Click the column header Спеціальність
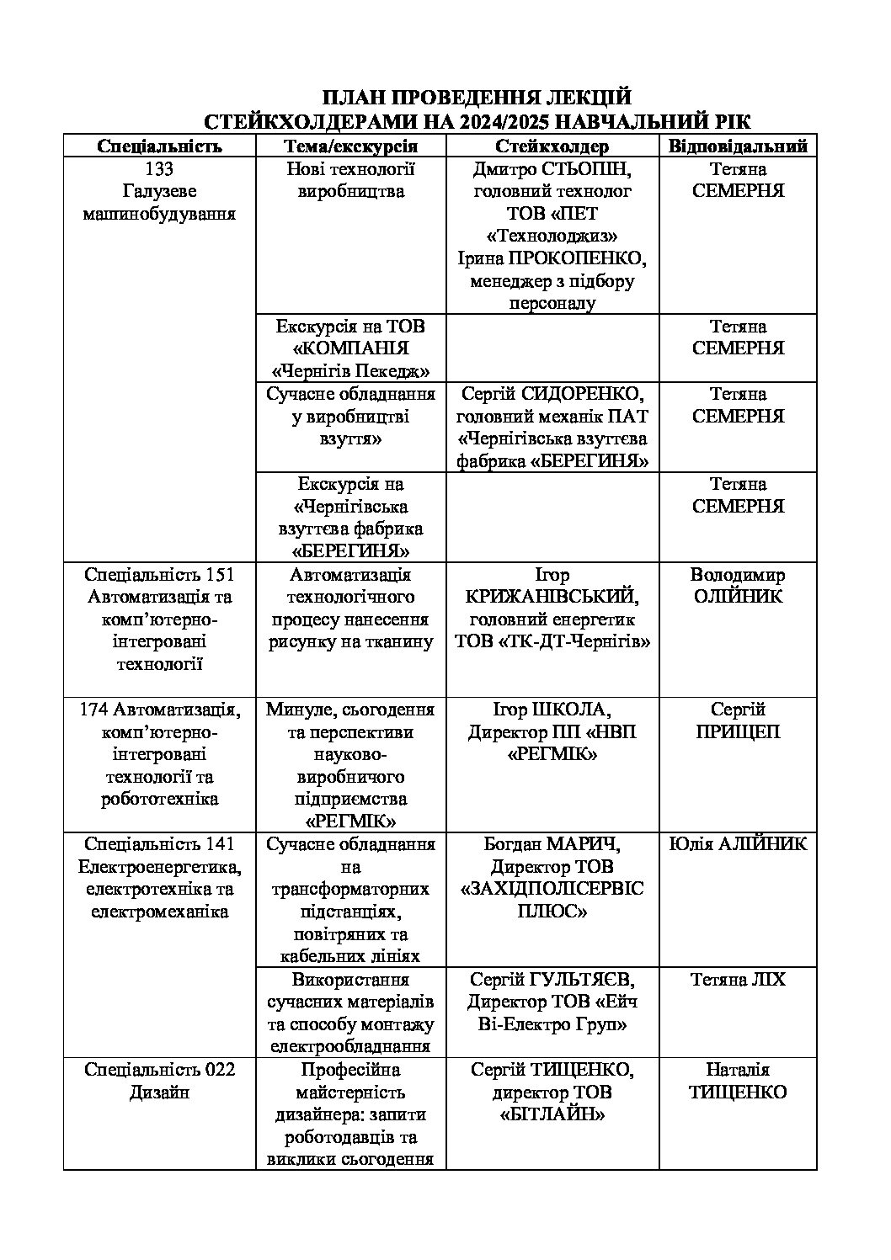pos(159,146)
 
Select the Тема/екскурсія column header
pos(350,146)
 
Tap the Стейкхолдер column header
pos(552,146)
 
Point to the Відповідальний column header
pos(738,146)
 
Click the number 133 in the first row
pos(159,169)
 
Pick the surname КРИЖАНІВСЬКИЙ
pos(552,598)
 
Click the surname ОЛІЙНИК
pos(738,598)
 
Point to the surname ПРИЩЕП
pos(738,732)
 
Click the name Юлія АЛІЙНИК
pos(738,844)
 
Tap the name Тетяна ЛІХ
pos(738,980)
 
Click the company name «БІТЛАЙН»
pos(552,1114)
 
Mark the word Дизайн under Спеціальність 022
pos(159,1093)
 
